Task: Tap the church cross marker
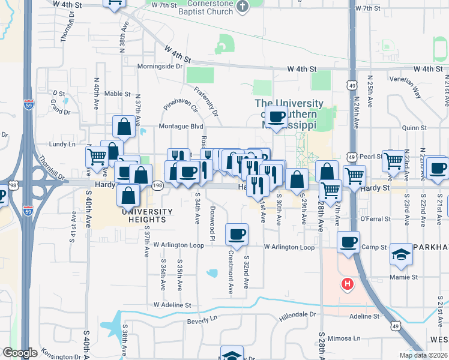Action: [x=242, y=7]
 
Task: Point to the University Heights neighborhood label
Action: [x=147, y=212]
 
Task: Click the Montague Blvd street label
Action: [x=181, y=127]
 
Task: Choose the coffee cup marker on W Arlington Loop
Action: [x=237, y=233]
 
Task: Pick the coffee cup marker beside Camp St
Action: [x=348, y=243]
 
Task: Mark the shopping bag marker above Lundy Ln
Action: [x=124, y=127]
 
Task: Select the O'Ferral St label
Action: [x=376, y=219]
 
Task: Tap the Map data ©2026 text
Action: [x=423, y=355]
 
